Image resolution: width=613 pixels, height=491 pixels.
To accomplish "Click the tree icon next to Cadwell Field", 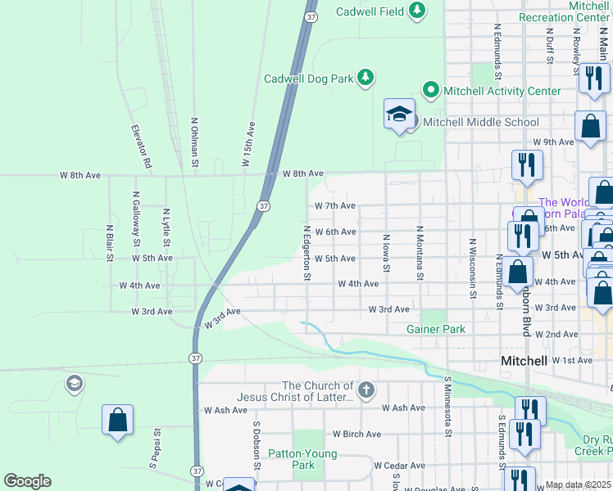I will coord(418,10).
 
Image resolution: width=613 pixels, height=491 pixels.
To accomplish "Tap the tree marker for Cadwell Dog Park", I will coord(366,79).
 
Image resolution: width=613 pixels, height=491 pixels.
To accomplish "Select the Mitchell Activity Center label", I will coord(502,91).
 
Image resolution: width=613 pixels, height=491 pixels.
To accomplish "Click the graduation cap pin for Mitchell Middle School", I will coord(399,114).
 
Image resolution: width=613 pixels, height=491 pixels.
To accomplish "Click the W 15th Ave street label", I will coord(248,145).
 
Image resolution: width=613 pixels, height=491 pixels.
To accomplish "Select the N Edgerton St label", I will coord(306,253).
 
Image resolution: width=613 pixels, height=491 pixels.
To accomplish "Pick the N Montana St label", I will coord(419,253).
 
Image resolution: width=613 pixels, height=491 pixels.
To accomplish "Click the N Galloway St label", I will coord(136,219).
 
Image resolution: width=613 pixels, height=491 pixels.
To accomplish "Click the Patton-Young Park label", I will coord(303,459).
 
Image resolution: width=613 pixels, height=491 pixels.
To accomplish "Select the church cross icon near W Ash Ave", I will coord(366,390).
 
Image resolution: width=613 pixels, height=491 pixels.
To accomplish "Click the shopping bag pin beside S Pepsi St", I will coord(118,420).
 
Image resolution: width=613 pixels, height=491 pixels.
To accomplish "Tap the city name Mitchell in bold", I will coord(524,361).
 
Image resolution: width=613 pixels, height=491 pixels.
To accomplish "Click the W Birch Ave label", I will coord(356,434).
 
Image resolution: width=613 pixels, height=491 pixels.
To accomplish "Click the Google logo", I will coord(27,481).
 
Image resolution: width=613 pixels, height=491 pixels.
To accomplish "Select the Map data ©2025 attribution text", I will coord(578,484).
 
